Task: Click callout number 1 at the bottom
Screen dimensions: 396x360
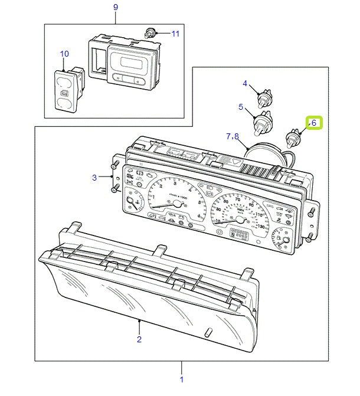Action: tap(181, 379)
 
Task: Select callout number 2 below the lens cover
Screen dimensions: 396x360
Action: tap(139, 339)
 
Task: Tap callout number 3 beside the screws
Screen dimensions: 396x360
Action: tap(93, 177)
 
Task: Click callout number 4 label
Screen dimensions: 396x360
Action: tap(245, 83)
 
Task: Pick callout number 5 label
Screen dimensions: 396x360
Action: tap(241, 107)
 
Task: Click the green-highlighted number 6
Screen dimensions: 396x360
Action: tap(314, 123)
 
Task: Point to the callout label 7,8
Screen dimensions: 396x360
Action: tap(232, 136)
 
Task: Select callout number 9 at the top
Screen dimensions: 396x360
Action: tap(115, 6)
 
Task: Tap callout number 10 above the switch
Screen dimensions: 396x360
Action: tap(64, 54)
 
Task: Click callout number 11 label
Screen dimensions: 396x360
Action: tap(175, 34)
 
